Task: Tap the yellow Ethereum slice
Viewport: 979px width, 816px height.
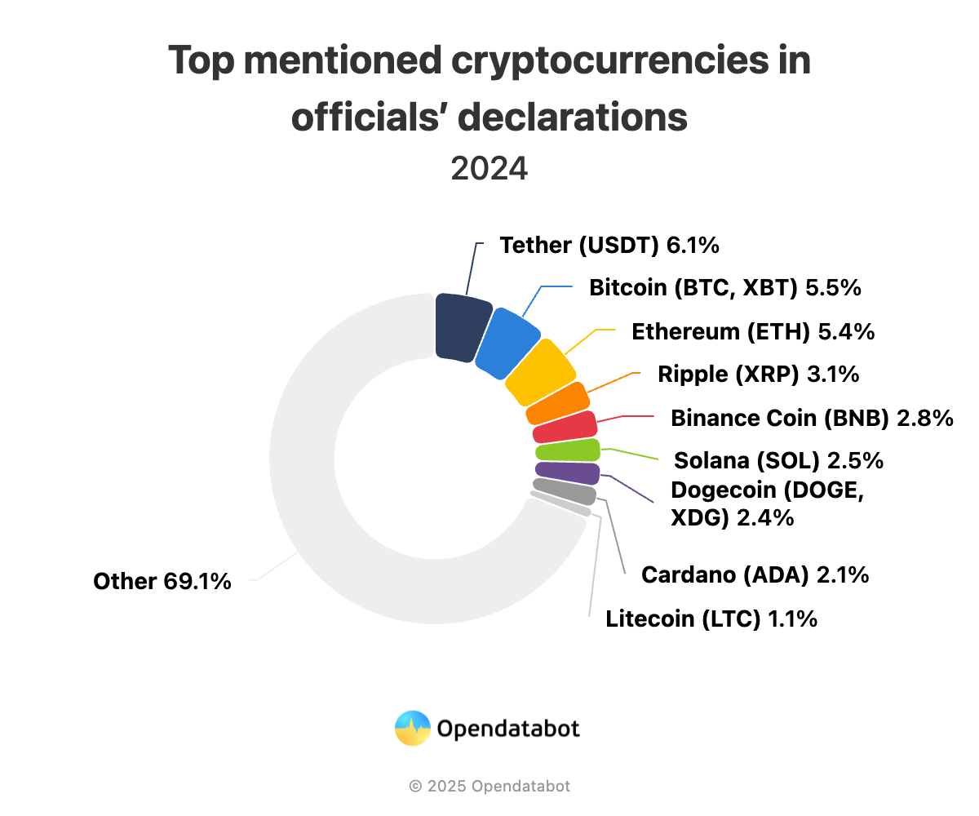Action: tap(539, 372)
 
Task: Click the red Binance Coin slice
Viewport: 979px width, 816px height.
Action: tap(565, 428)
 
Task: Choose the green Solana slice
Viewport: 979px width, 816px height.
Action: tap(568, 450)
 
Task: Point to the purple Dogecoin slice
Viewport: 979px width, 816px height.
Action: tap(567, 472)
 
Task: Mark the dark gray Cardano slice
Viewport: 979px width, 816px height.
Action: tap(565, 491)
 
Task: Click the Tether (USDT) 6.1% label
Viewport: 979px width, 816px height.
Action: tap(609, 245)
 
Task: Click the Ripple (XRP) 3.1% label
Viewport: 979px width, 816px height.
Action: tap(758, 375)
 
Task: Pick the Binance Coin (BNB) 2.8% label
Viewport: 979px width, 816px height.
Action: tap(812, 418)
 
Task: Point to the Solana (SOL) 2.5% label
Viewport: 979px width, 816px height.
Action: tap(778, 460)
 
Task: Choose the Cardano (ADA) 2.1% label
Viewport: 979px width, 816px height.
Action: tap(755, 574)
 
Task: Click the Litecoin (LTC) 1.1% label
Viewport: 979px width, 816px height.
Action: tap(711, 619)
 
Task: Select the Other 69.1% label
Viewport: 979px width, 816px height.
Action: tap(162, 581)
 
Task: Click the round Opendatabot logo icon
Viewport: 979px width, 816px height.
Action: tap(412, 728)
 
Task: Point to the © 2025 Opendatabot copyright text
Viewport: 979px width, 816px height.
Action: tap(489, 787)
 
